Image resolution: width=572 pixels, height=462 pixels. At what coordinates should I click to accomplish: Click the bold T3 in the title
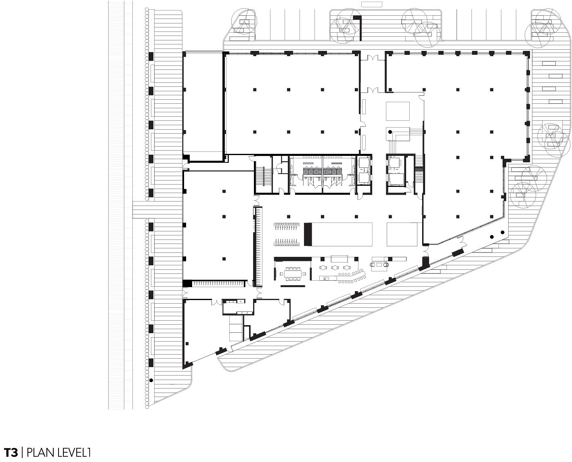pos(11,452)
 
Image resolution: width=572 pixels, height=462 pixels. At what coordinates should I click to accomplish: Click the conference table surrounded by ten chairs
pos(293,274)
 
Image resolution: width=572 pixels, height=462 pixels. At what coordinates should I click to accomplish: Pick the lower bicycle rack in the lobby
pos(287,242)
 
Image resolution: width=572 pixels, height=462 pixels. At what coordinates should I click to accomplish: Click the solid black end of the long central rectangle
pos(308,234)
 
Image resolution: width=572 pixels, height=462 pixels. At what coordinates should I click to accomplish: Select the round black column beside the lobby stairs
pos(390,132)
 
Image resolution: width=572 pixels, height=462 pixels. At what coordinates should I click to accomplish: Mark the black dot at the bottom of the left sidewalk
pos(151,380)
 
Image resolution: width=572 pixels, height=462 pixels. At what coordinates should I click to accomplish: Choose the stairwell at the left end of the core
pos(263,174)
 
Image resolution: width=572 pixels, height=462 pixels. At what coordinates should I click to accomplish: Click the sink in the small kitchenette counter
pos(241,301)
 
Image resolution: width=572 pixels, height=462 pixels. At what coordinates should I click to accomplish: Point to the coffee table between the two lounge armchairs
pos(379,265)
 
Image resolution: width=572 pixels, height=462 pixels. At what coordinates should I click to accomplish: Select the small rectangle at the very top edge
pos(372,4)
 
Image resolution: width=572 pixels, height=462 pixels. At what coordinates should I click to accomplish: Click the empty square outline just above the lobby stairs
pos(398,111)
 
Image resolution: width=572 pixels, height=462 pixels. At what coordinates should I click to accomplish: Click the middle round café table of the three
pos(335,267)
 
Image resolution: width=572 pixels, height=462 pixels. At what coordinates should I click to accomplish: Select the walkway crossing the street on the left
pos(157,210)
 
